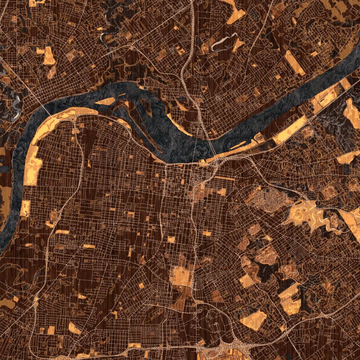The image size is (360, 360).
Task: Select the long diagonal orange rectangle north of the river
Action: (x=294, y=63)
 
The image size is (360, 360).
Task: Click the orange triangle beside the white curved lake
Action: (x=238, y=45)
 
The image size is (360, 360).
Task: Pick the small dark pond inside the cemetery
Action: (x=269, y=190)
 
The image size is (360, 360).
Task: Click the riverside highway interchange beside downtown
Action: (x=216, y=164)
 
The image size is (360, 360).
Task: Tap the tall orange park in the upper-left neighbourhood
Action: (x=49, y=55)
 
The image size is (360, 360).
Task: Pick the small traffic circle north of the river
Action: (x=132, y=48)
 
